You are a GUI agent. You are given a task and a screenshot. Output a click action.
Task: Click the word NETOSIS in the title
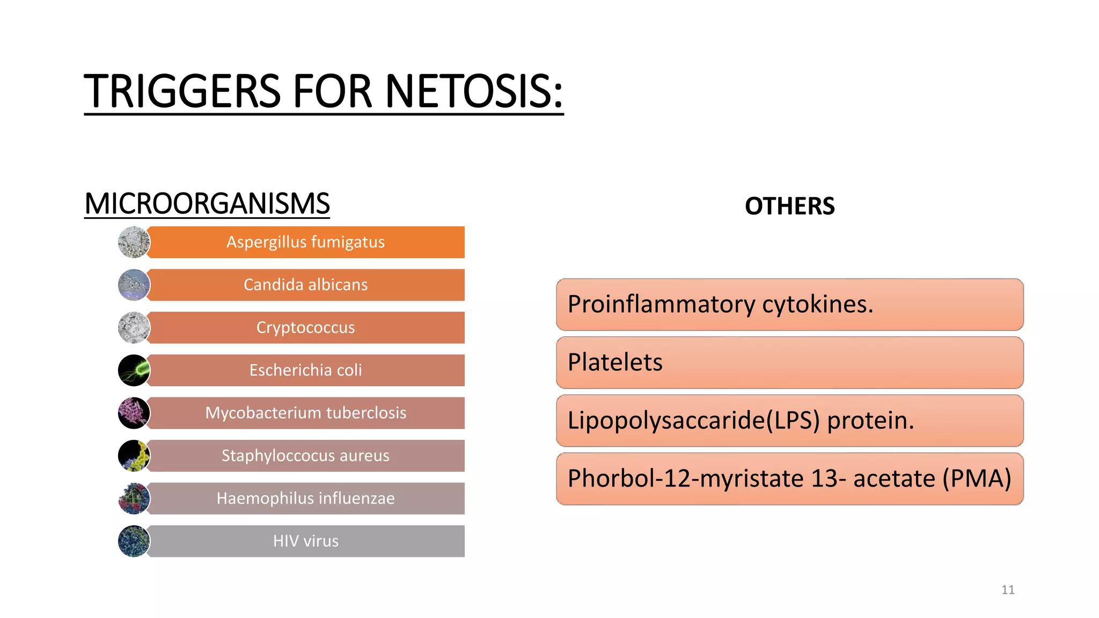(x=474, y=91)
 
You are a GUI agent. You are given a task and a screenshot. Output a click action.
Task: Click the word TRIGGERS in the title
(x=182, y=91)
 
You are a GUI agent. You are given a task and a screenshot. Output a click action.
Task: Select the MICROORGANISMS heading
(x=207, y=204)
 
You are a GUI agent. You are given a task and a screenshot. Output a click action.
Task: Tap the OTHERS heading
(x=789, y=207)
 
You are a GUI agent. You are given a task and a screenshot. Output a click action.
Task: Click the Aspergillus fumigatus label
(x=305, y=242)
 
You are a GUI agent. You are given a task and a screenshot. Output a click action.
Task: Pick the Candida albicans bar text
(x=305, y=285)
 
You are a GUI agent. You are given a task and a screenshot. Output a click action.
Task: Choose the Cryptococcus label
(x=305, y=327)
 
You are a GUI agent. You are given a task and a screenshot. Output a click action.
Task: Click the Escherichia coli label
(x=305, y=370)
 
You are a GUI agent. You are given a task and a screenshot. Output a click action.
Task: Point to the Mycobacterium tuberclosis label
(x=305, y=413)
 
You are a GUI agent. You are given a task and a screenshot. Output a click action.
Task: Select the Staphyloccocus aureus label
(x=305, y=455)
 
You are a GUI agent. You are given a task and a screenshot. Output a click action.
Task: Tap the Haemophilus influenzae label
(x=305, y=498)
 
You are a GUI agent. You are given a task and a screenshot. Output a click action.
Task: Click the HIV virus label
(x=305, y=541)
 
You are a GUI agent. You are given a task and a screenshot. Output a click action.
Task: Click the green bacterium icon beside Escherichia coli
(x=134, y=370)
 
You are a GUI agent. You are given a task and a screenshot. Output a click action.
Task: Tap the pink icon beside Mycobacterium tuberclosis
(x=134, y=413)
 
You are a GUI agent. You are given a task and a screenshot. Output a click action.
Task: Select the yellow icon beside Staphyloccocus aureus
(x=134, y=455)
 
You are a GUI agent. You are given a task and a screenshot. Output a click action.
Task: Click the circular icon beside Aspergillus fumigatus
(x=134, y=242)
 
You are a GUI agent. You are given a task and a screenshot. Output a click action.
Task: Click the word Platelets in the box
(x=615, y=363)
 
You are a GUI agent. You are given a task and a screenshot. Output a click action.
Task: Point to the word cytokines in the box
(x=817, y=305)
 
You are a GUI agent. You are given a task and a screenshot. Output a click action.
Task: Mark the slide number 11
(x=1008, y=590)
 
